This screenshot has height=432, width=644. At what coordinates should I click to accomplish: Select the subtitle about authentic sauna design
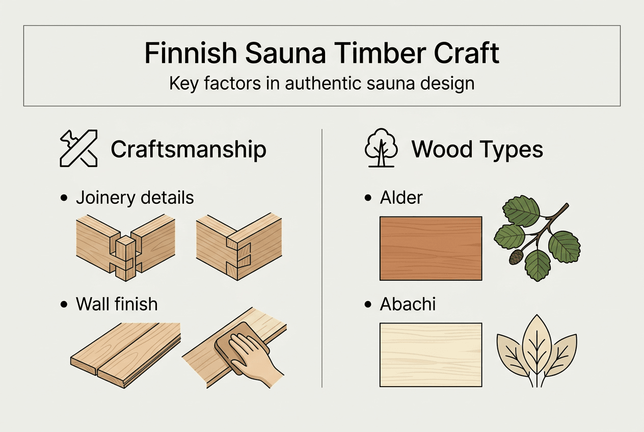321,83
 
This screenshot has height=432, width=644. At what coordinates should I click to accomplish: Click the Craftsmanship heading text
189,149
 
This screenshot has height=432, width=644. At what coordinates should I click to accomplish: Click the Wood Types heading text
477,149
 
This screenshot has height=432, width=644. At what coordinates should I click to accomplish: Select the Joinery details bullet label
135,198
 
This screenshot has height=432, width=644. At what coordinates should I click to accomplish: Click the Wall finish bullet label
117,304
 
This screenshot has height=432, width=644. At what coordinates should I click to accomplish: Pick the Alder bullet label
401,198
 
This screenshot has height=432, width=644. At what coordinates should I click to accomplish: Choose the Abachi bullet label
408,304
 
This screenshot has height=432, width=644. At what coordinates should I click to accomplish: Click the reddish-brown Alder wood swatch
431,248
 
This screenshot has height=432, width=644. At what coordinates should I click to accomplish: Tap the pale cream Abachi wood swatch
431,355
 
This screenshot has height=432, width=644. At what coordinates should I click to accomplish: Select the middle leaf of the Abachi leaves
536,346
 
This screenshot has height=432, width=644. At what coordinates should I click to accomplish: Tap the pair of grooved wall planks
125,352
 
